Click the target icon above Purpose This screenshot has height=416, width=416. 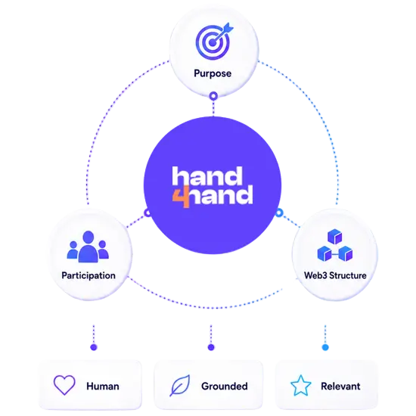pyautogui.click(x=214, y=41)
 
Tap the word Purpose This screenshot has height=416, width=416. pyautogui.click(x=213, y=73)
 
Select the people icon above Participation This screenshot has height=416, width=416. pyautogui.click(x=88, y=247)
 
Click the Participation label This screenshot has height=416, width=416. pyautogui.click(x=88, y=275)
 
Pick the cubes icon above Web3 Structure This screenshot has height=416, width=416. pyautogui.click(x=335, y=245)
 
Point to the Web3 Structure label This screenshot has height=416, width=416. pyautogui.click(x=335, y=275)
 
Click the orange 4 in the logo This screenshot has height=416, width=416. pyautogui.click(x=182, y=197)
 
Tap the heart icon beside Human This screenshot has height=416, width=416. pyautogui.click(x=64, y=385)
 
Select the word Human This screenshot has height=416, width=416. pyautogui.click(x=103, y=387)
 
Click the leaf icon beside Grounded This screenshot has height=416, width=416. pyautogui.click(x=180, y=386)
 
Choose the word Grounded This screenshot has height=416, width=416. pyautogui.click(x=225, y=387)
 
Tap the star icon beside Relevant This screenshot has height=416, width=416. pyautogui.click(x=300, y=386)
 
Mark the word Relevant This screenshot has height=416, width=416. pyautogui.click(x=340, y=387)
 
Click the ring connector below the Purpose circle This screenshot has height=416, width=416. pyautogui.click(x=213, y=96)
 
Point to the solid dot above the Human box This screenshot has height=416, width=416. pyautogui.click(x=94, y=347)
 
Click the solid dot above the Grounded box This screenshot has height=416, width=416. pyautogui.click(x=211, y=347)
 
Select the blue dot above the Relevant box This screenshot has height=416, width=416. pyautogui.click(x=325, y=347)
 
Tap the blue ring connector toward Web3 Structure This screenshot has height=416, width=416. pyautogui.click(x=279, y=213)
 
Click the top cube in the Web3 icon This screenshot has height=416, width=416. pyautogui.click(x=335, y=237)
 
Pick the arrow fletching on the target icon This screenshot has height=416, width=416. pyautogui.click(x=228, y=28)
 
